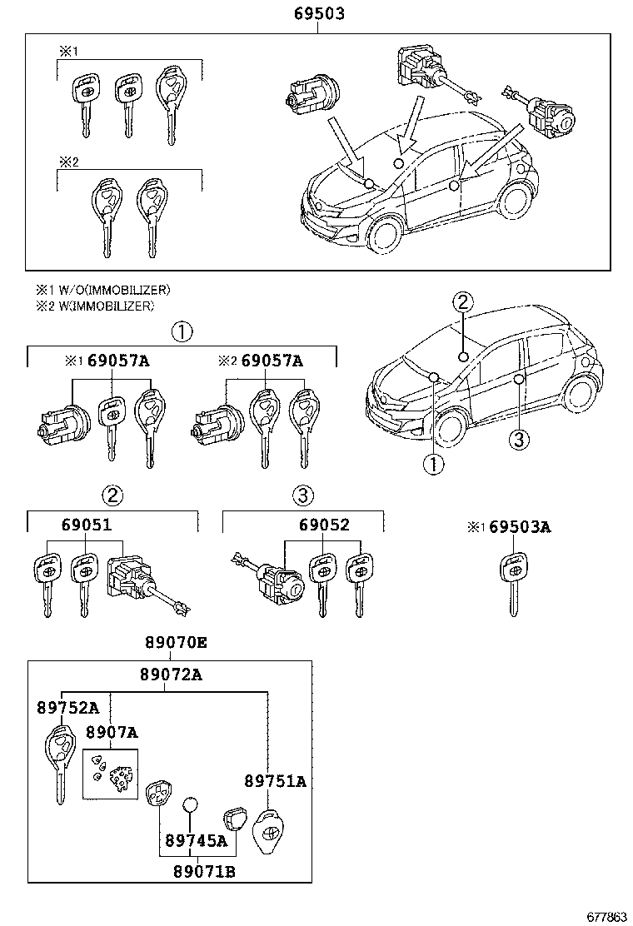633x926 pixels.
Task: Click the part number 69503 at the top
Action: tap(318, 14)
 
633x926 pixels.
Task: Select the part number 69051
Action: tap(86, 525)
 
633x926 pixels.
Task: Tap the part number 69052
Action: tap(325, 525)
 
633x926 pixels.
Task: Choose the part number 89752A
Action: tap(67, 708)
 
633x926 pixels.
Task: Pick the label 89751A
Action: tap(275, 781)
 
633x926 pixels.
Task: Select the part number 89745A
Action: tap(197, 841)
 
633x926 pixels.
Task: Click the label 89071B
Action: tap(204, 871)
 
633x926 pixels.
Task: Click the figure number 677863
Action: tap(606, 916)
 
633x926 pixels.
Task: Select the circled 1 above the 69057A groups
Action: tap(182, 332)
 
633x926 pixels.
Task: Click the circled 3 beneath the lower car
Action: tap(518, 439)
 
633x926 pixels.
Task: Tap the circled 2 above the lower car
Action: tap(463, 303)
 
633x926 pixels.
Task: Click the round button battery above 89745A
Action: tap(191, 804)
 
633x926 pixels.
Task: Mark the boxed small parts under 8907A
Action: tap(110, 773)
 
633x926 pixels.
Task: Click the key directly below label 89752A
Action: tap(60, 762)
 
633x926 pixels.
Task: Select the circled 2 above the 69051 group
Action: tap(112, 496)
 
